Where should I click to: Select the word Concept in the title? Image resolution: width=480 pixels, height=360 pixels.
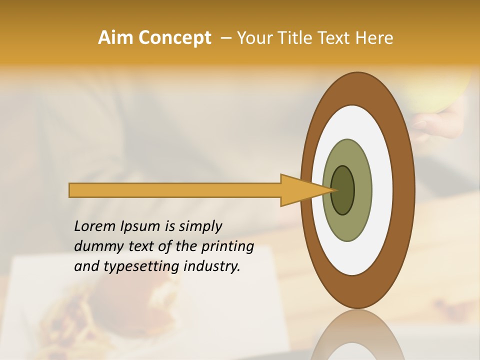click(x=174, y=38)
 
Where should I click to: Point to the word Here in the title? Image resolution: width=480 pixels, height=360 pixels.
click(x=375, y=38)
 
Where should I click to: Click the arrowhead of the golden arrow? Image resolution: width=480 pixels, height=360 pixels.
click(x=305, y=190)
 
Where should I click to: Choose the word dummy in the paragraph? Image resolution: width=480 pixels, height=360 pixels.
click(x=94, y=246)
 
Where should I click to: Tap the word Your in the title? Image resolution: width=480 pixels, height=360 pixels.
click(x=253, y=38)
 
